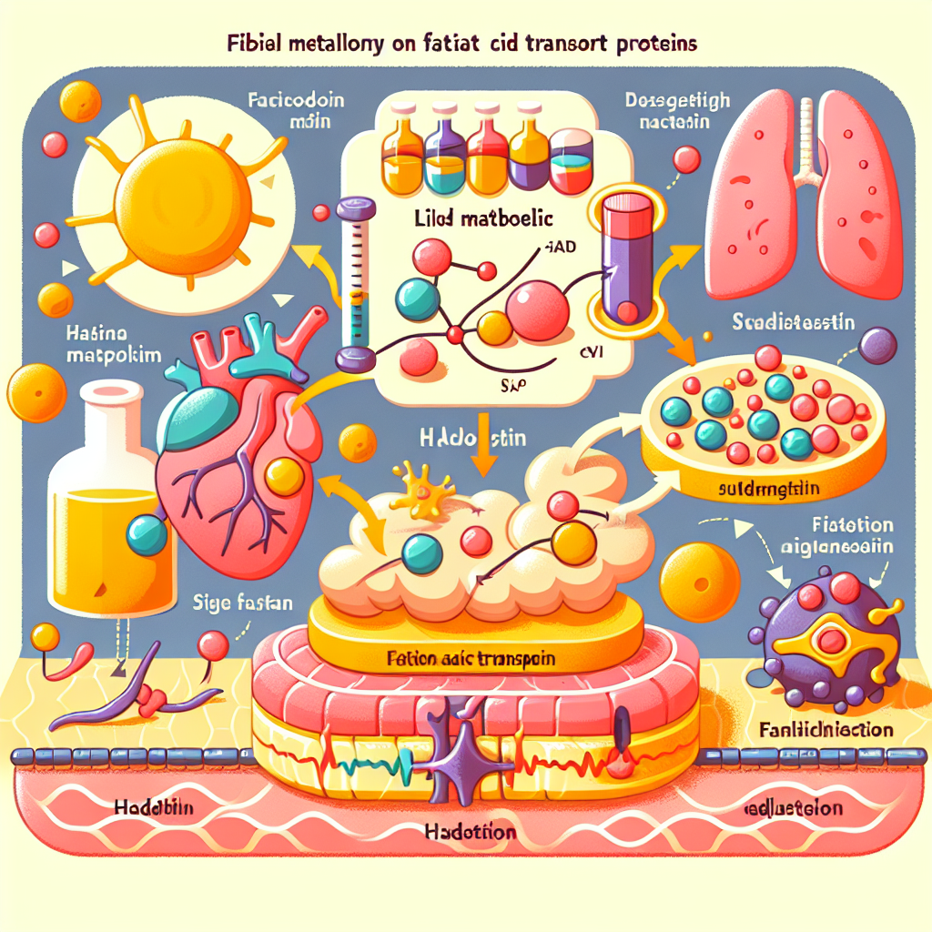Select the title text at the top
click(464, 44)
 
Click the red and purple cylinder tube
click(627, 259)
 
